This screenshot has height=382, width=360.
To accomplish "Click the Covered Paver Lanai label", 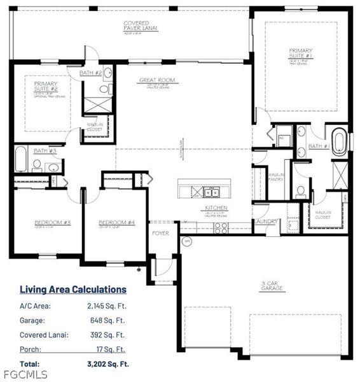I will (x=141, y=25).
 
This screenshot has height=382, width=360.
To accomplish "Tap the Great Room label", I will (x=157, y=80).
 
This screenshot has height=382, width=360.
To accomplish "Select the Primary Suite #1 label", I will (x=301, y=52).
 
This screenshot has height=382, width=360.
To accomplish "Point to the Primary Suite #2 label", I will (x=45, y=86).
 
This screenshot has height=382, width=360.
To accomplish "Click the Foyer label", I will (x=160, y=233).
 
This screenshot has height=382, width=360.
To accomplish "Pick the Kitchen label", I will (x=212, y=208).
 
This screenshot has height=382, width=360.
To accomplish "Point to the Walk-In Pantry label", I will (x=276, y=176).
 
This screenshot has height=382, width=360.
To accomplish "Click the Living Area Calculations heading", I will (x=73, y=290).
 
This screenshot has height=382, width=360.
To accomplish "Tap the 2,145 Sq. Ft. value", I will (x=107, y=306).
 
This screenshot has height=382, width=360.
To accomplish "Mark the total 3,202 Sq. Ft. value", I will (x=107, y=364).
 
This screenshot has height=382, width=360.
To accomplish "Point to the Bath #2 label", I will (x=91, y=73).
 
